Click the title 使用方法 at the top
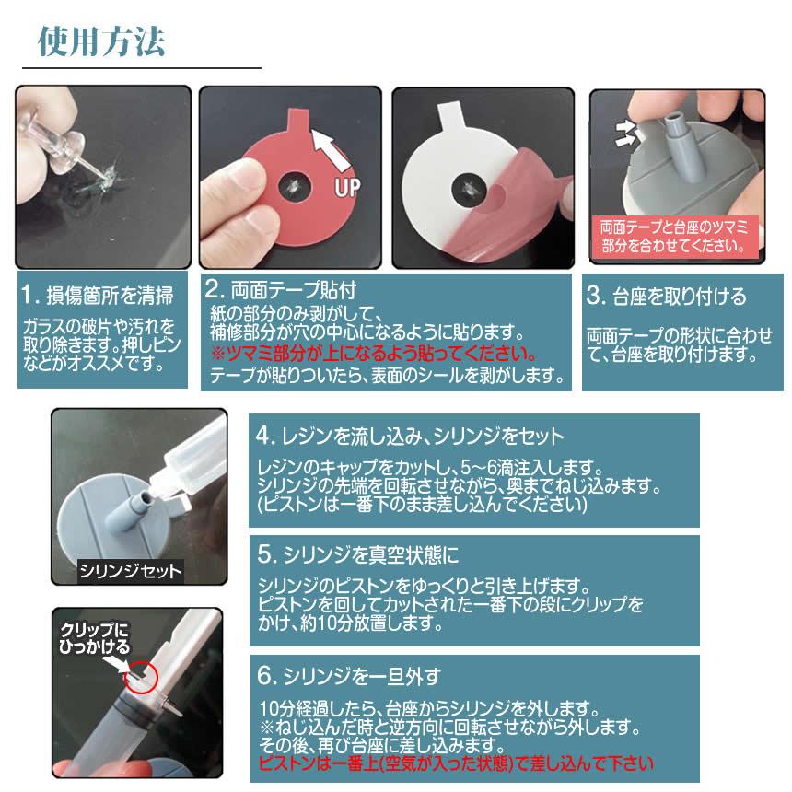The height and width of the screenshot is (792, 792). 102,41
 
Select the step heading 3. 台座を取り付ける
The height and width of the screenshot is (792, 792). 666,297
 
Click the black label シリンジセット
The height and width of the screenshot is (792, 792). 130,570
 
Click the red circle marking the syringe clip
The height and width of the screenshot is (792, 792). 146,678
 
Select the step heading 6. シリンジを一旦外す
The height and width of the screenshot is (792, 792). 349,676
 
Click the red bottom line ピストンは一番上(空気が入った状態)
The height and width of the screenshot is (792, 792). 457,763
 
